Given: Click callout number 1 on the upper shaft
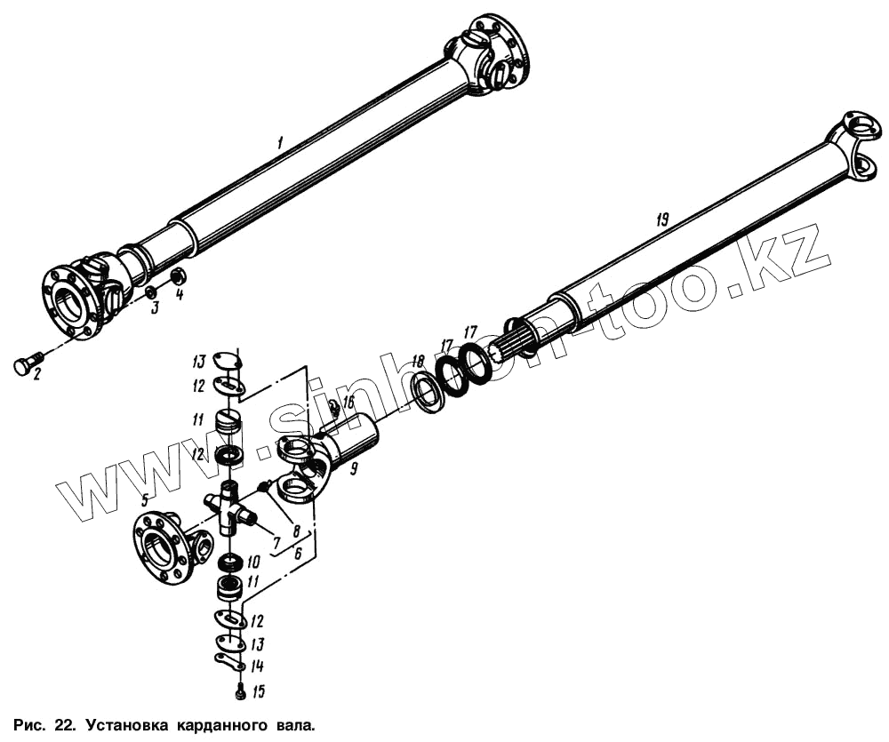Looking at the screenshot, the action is coord(280,142).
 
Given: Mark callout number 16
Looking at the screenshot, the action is coord(348,403).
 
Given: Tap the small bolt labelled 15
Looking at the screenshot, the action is coord(240,690).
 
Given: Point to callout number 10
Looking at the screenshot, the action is coord(252,562).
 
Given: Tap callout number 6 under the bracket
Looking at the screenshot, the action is coord(299,552).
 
